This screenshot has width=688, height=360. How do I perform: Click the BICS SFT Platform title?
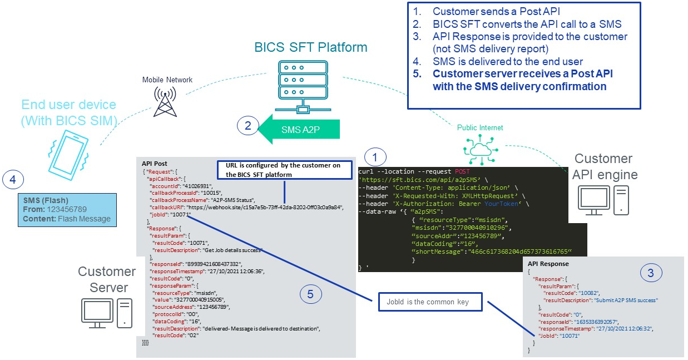pyautogui.click(x=310, y=47)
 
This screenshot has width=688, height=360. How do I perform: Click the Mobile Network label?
pyautogui.click(x=167, y=80)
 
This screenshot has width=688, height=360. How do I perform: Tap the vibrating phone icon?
pyautogui.click(x=68, y=151)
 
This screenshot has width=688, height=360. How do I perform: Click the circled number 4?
pyautogui.click(x=14, y=180)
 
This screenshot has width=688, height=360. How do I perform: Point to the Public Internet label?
pyautogui.click(x=480, y=128)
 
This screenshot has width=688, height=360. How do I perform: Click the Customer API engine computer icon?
pyautogui.click(x=604, y=202)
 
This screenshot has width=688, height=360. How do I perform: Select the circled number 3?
pyautogui.click(x=652, y=273)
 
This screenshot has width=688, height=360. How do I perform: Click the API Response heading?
pyautogui.click(x=548, y=263)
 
